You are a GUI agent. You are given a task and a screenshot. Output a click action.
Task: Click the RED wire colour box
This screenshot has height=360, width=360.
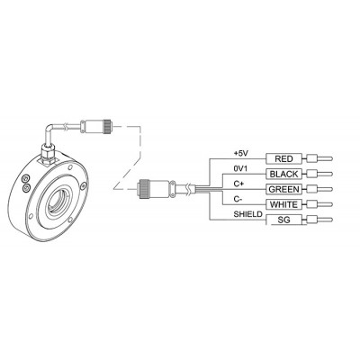point(283,158)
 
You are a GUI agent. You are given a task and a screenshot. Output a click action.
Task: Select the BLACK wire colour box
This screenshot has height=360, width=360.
point(283,174)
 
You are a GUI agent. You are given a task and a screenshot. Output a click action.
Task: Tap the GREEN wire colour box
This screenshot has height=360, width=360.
point(283,189)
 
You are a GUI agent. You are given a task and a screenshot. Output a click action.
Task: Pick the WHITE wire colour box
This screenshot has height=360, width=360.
point(283,204)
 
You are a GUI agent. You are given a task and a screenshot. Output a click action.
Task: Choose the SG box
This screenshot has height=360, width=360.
point(283,220)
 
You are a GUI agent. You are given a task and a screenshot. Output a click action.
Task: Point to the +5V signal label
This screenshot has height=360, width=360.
point(241,153)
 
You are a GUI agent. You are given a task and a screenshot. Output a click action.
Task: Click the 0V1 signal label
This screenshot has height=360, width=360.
point(240,168)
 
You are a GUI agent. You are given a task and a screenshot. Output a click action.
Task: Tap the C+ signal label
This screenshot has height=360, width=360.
point(238,184)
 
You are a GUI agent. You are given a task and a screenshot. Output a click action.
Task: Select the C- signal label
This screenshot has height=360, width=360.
point(238,199)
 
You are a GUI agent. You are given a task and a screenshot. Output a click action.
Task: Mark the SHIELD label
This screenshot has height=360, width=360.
point(247,214)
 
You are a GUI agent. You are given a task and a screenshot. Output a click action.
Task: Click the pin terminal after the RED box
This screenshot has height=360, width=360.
point(319,158)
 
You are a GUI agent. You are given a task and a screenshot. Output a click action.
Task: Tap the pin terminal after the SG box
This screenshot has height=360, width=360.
point(319,220)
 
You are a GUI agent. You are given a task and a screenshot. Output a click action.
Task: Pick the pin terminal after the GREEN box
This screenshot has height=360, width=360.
point(319,189)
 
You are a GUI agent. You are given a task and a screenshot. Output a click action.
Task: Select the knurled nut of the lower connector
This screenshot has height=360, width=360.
point(141,189)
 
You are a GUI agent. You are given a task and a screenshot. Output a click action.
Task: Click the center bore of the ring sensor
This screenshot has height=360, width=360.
point(57,204)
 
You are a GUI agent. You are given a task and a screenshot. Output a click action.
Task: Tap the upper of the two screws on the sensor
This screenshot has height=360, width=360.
point(25,178)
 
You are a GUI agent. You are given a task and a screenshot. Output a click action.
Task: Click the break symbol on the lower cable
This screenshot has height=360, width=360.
point(188,188)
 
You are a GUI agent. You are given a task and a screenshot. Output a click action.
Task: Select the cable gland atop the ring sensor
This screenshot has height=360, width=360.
point(48,154)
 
